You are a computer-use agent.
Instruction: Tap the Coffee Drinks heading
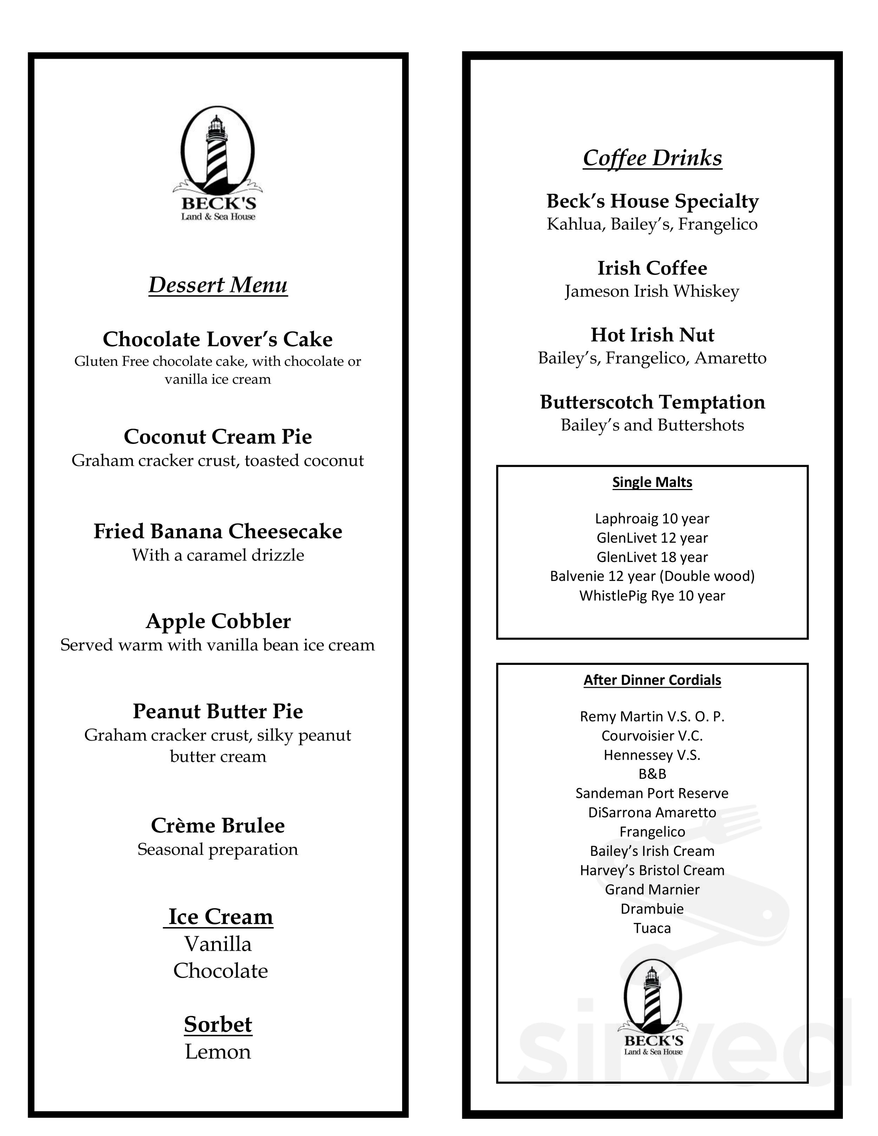pos(652,158)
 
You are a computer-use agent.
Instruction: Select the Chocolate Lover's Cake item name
pos(217,339)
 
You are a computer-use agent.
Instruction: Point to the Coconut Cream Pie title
pos(217,436)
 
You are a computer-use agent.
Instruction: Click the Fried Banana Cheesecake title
pos(217,531)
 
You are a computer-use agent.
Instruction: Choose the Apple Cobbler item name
pos(217,621)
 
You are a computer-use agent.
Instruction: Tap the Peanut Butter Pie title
pos(217,711)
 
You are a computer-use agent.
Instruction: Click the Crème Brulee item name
pos(217,825)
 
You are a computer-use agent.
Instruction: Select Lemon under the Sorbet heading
pos(217,1052)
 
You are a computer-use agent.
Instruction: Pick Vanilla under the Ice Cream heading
pos(217,944)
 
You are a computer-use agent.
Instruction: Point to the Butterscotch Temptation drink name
pos(652,402)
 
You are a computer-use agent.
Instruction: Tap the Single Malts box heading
pos(652,482)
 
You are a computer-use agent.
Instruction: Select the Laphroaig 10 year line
pos(652,519)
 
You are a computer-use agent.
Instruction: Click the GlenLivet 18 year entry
pos(652,557)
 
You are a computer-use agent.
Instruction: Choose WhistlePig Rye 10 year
pos(652,596)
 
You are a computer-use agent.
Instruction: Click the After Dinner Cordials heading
pos(652,680)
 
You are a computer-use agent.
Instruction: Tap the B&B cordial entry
pos(652,774)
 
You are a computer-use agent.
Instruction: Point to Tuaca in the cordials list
pos(652,928)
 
